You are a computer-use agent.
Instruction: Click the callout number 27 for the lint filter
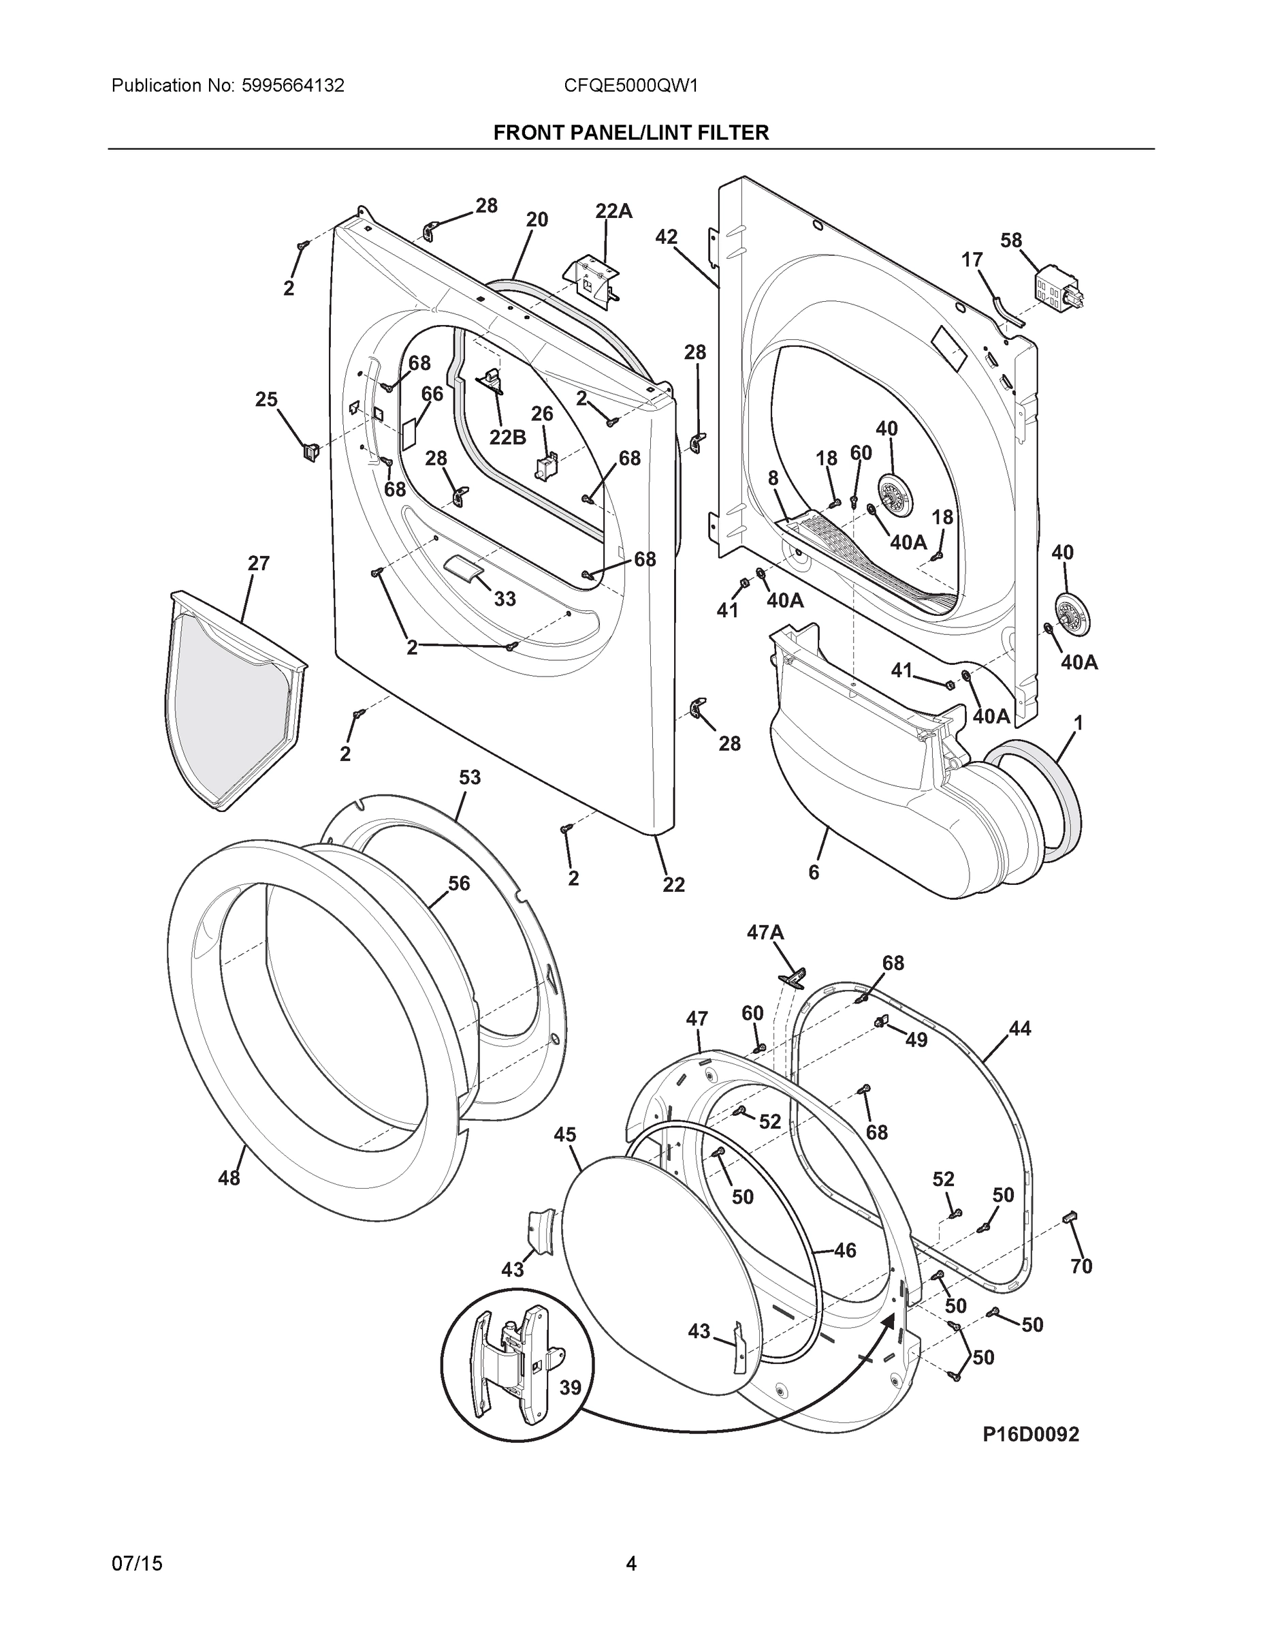[259, 563]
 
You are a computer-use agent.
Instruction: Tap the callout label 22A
[613, 212]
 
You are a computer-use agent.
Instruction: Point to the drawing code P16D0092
[1030, 1433]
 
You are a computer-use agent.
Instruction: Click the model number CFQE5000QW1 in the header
[630, 86]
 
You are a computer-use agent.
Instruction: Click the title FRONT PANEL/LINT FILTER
[630, 134]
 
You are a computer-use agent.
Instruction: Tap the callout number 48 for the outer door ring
[229, 1178]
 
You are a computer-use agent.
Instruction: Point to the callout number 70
[1081, 1266]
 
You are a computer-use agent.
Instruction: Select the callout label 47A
[765, 932]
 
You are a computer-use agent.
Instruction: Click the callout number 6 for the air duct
[814, 871]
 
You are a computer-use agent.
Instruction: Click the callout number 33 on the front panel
[505, 598]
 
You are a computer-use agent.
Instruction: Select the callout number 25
[266, 400]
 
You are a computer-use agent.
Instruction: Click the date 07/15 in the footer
[137, 1564]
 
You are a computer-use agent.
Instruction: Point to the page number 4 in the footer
[630, 1564]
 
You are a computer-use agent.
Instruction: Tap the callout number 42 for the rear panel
[666, 237]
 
